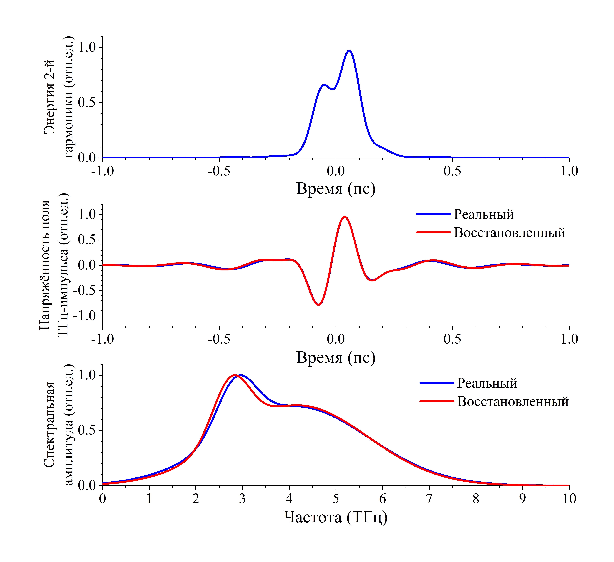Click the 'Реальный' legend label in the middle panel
[x=484, y=215]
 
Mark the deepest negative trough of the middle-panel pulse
[x=319, y=304]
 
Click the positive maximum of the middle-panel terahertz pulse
[x=344, y=217]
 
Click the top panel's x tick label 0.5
[x=452, y=171]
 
